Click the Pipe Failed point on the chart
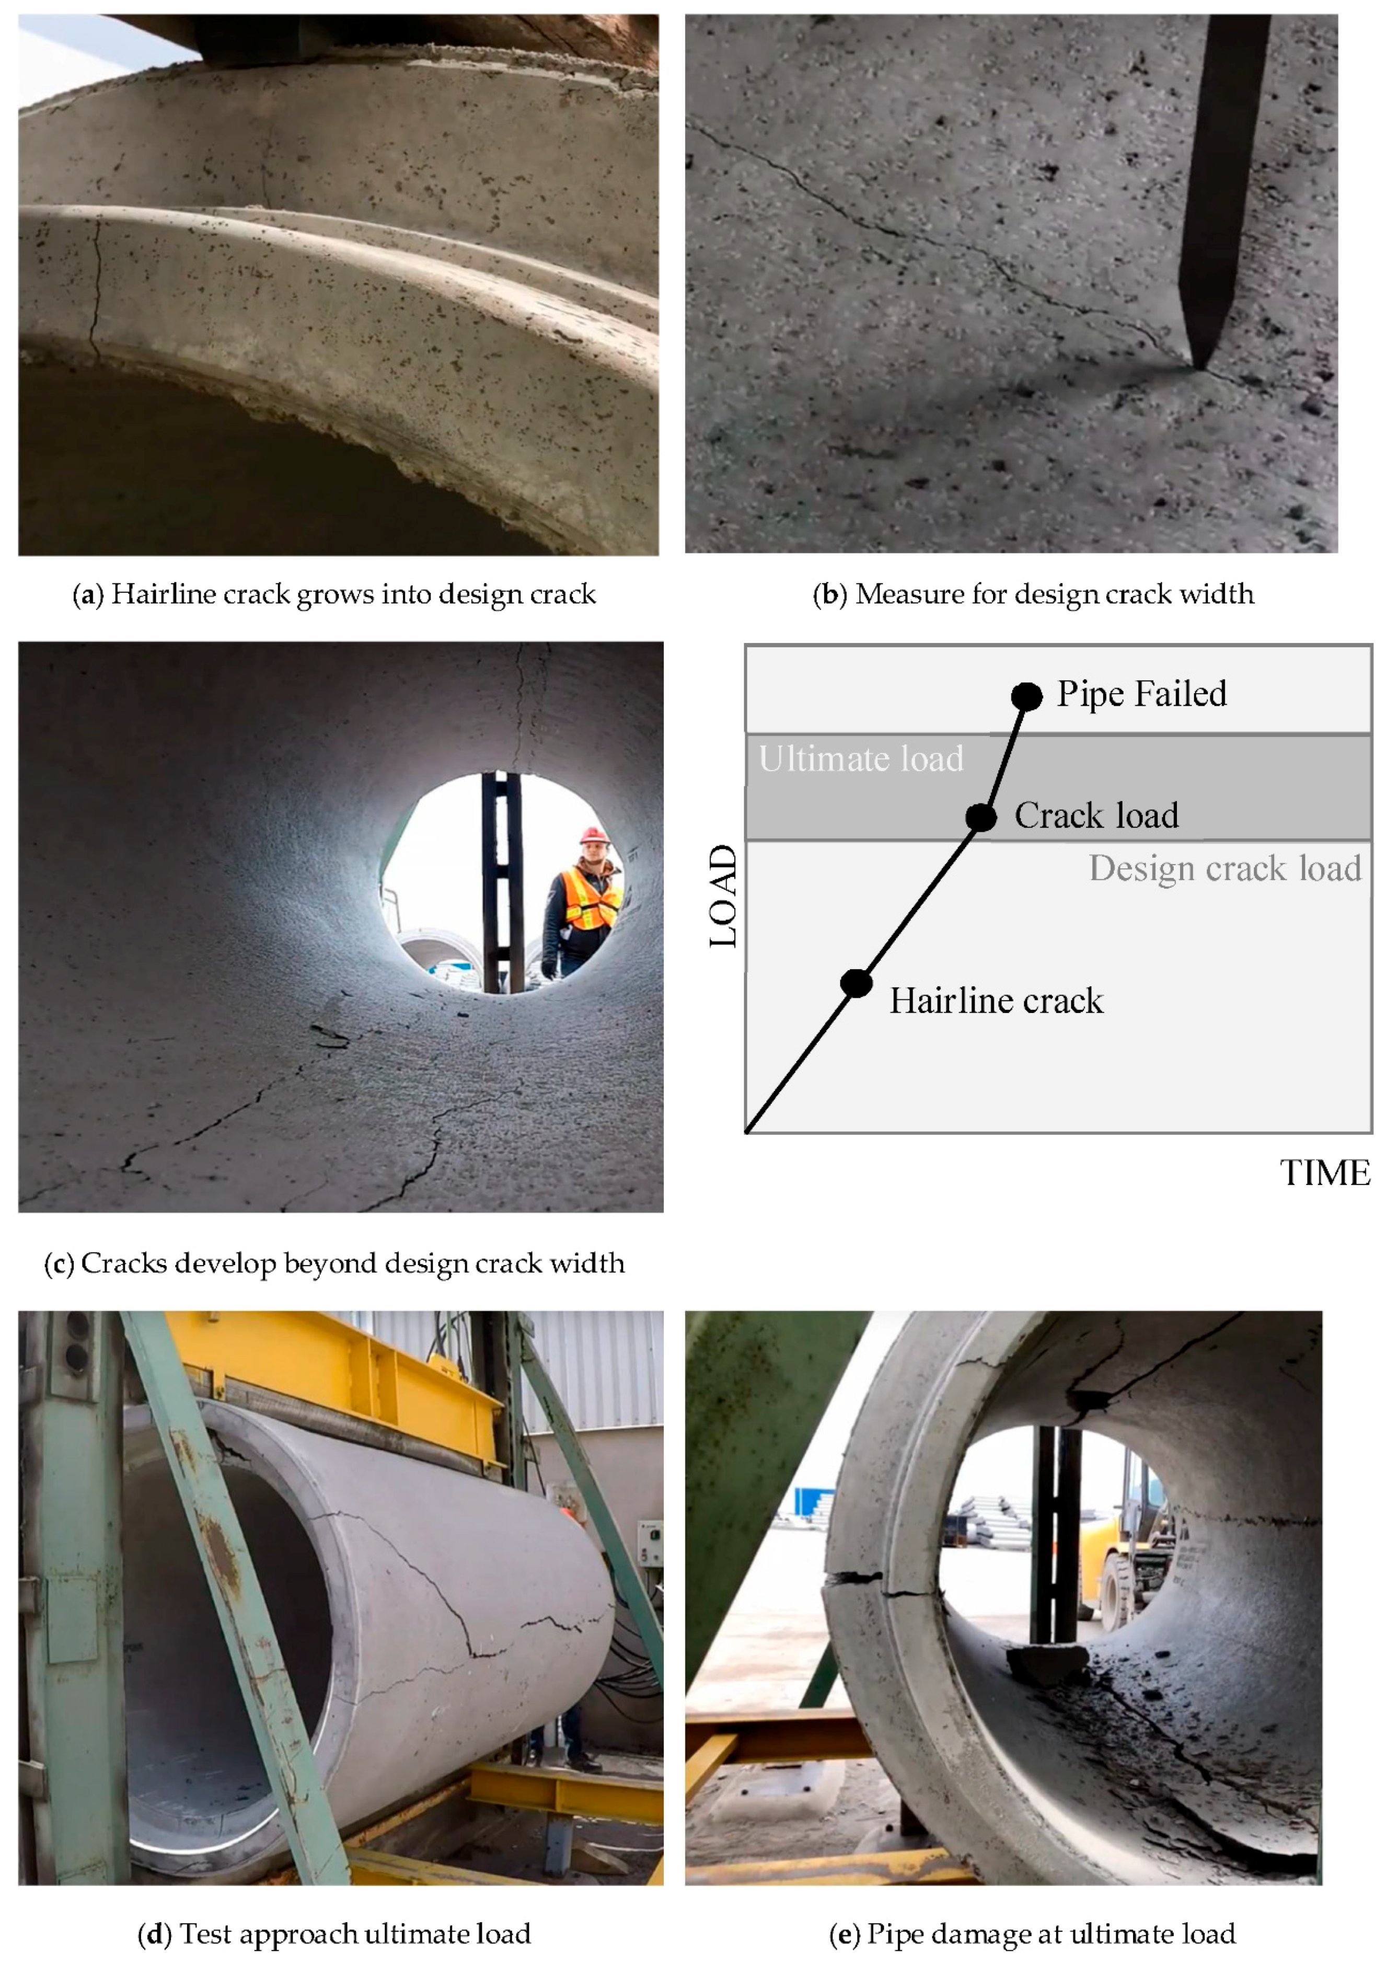[x=1026, y=696]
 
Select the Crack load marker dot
[x=980, y=817]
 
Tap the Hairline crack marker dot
[x=857, y=982]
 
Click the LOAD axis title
[x=724, y=895]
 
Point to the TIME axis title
[x=1325, y=1173]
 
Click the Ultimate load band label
[x=861, y=759]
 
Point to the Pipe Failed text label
[x=1141, y=694]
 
